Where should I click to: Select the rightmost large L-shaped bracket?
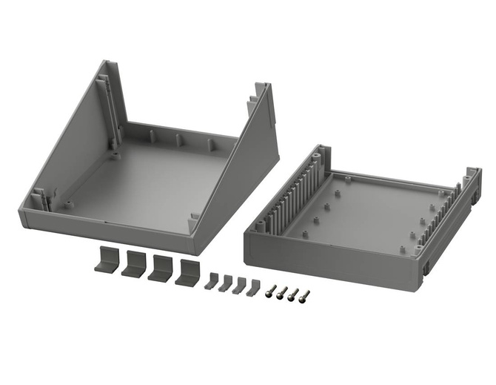(x=189, y=272)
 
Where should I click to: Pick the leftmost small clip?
(x=212, y=281)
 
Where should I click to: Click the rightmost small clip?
(x=254, y=287)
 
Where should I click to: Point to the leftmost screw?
(x=272, y=290)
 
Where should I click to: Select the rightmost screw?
(x=304, y=296)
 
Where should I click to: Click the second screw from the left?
(x=282, y=292)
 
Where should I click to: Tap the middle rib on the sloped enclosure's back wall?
(x=179, y=140)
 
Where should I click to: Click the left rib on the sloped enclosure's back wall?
(x=152, y=136)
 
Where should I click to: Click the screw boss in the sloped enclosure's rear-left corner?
(x=115, y=157)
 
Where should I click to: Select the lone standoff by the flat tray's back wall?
(x=346, y=178)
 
